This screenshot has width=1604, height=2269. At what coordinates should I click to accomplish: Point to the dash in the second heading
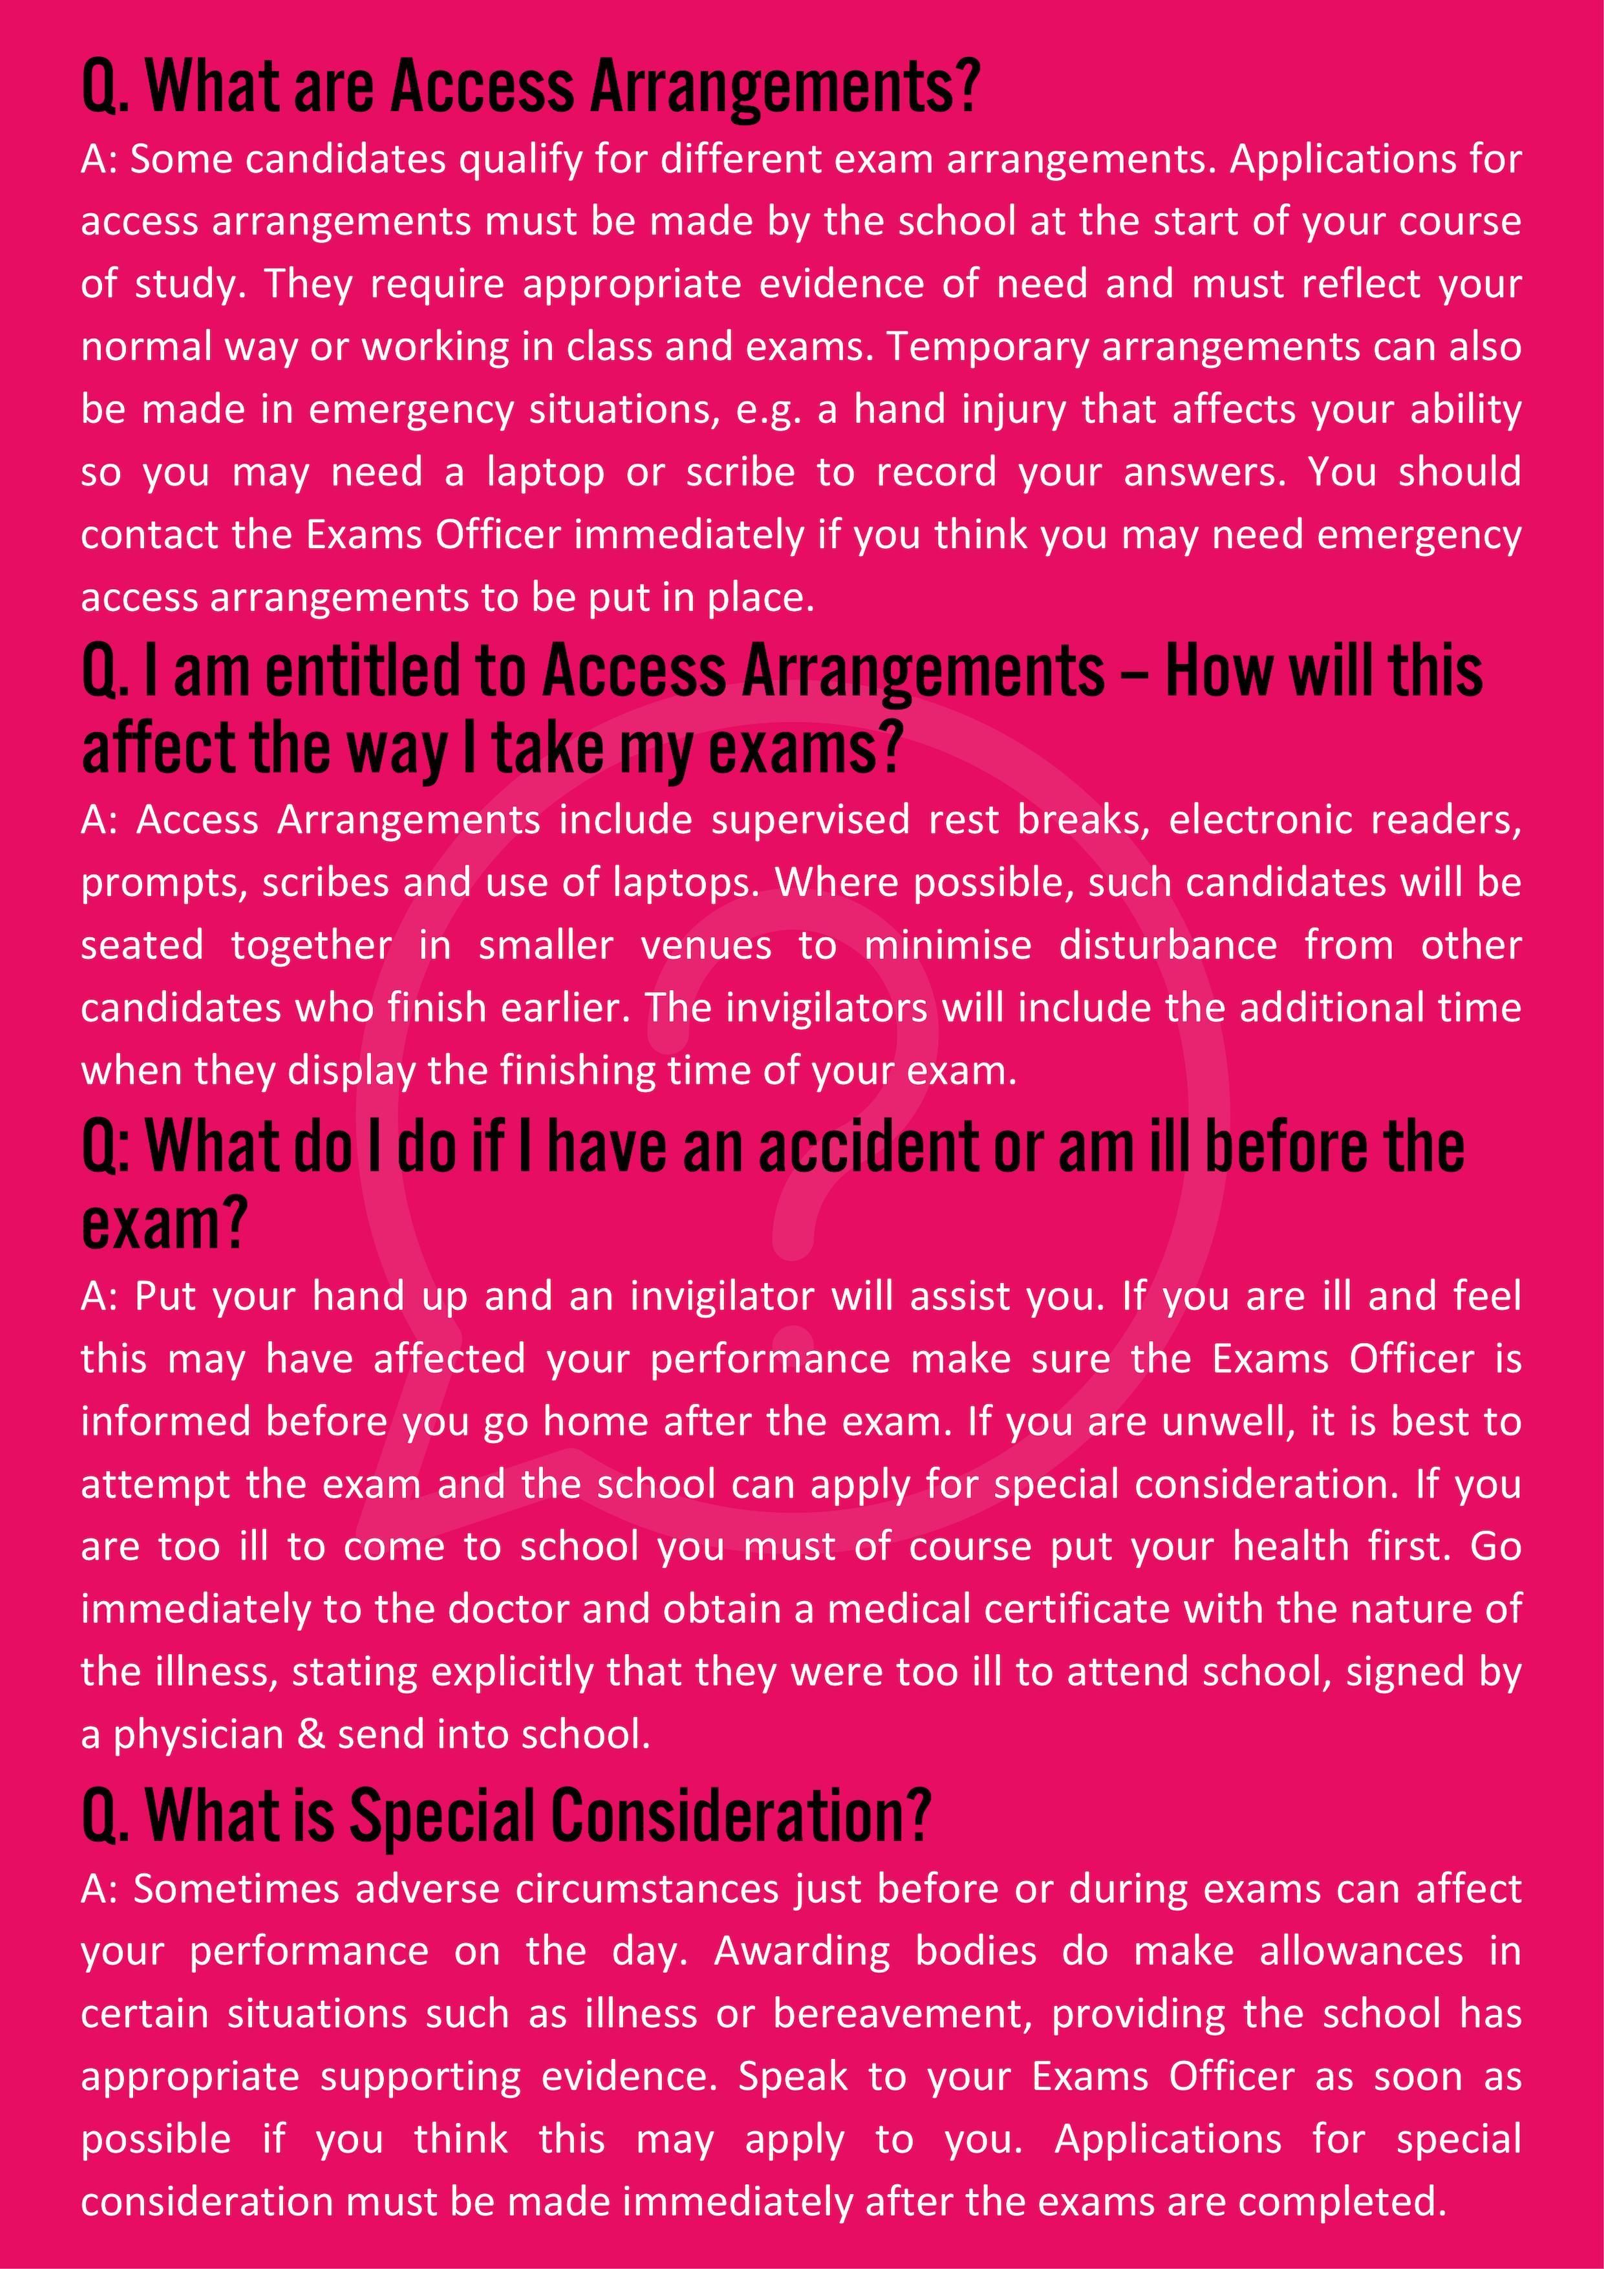pos(1135,674)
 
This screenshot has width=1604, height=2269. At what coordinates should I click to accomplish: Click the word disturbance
pos(1168,946)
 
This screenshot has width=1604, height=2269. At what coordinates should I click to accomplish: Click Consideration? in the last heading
pos(740,1818)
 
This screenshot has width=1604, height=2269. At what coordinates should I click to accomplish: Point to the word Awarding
pos(802,1952)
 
